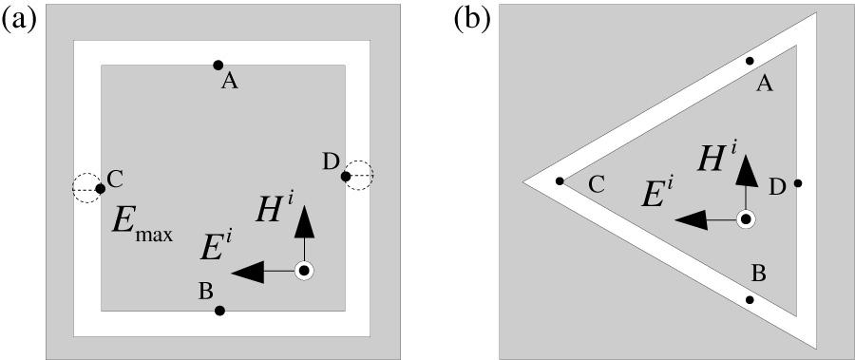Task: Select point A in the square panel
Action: click(218, 65)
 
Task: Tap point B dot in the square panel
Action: click(219, 311)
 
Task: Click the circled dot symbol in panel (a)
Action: click(304, 272)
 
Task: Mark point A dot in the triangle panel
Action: click(750, 61)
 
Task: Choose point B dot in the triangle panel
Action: click(750, 300)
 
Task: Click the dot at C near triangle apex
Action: click(560, 180)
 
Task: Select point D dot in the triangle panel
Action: click(798, 183)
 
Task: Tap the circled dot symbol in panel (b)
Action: click(747, 219)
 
